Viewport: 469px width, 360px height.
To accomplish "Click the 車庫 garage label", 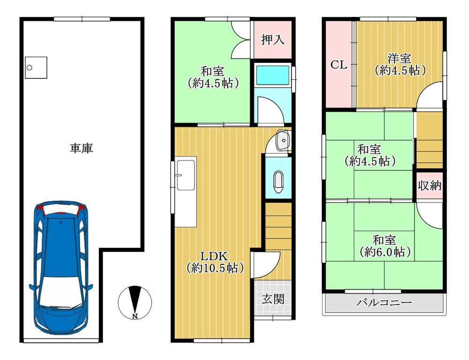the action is (82, 148).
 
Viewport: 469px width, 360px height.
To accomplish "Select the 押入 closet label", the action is (273, 39).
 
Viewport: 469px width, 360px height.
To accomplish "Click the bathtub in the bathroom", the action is (273, 76).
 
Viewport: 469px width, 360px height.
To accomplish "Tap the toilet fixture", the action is (278, 182).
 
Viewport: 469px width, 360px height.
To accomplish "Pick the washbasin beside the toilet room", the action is (283, 140).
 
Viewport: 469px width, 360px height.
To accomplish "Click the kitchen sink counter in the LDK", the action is (186, 192).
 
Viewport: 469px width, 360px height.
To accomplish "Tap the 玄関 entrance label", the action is (273, 299).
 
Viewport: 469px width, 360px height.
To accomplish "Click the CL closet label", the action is (339, 65).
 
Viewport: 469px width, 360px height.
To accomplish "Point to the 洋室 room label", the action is (400, 58).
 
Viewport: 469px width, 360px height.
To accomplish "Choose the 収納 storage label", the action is (430, 186).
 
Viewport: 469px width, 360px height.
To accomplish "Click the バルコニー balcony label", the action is (384, 302).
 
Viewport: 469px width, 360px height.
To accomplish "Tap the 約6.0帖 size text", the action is (385, 252).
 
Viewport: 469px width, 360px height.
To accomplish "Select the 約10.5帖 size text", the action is (215, 268).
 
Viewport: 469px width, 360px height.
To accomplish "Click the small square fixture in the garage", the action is (36, 67).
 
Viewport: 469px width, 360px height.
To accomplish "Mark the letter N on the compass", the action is (135, 316).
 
